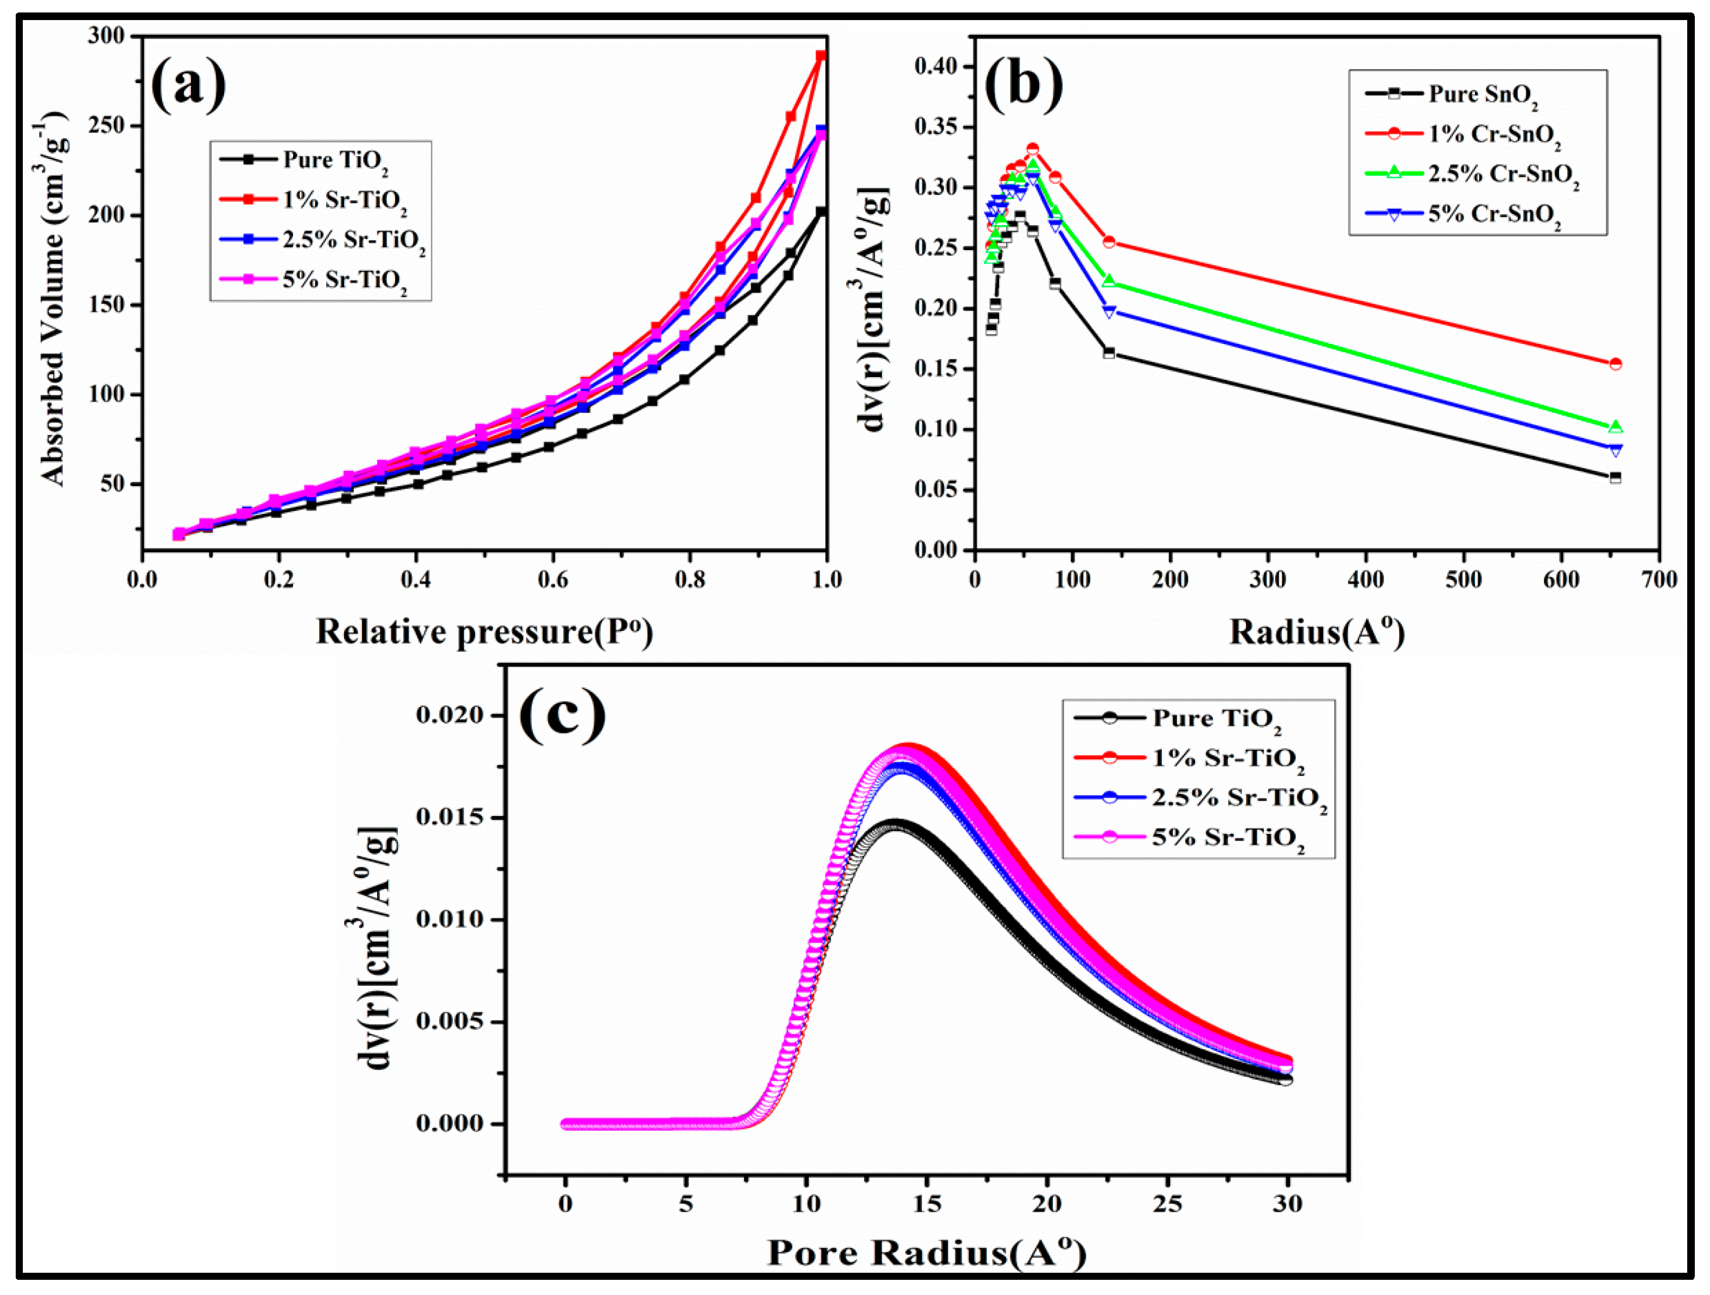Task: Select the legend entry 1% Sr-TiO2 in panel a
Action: point(344,200)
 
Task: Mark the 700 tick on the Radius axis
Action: point(1659,579)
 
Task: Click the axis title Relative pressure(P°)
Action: point(484,632)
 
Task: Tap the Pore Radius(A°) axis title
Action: point(926,1252)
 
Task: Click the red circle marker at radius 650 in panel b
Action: point(1616,364)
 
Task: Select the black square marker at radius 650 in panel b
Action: point(1616,477)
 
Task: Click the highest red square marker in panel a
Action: point(822,56)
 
